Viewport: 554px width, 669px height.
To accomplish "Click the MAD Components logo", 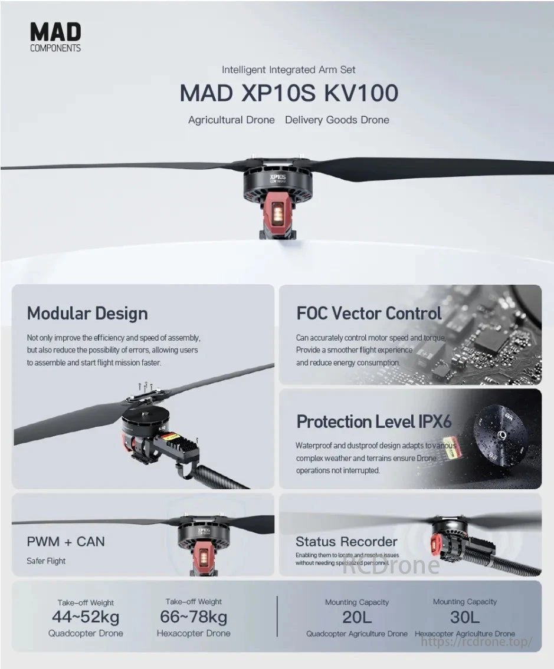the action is point(55,37).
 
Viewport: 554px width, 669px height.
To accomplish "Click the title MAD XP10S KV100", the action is point(289,93).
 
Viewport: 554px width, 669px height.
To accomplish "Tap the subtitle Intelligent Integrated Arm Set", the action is point(289,70).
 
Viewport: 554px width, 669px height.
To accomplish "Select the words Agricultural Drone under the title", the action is point(231,120).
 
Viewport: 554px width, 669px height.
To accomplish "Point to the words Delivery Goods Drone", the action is point(337,120).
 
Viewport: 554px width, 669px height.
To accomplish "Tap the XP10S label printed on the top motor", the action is point(278,177).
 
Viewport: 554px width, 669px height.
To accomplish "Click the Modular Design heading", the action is point(87,314).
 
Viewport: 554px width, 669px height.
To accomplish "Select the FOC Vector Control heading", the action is point(369,314).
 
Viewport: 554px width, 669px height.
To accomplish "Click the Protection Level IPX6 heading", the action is point(373,421).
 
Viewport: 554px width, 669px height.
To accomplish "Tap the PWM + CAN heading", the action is point(65,542).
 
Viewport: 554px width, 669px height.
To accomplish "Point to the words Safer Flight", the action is point(46,561).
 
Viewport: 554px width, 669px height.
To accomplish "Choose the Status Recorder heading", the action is point(346,542).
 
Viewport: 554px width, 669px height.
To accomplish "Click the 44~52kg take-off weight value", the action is point(86,617).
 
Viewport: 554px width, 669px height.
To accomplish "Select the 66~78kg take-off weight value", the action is point(194,617).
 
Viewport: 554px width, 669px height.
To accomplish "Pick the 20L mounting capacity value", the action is point(357,617).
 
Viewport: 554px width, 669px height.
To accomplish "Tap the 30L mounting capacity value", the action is point(465,617).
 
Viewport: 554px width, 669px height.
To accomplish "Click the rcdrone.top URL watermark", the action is point(477,642).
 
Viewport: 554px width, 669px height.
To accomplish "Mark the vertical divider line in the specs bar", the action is point(277,616).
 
